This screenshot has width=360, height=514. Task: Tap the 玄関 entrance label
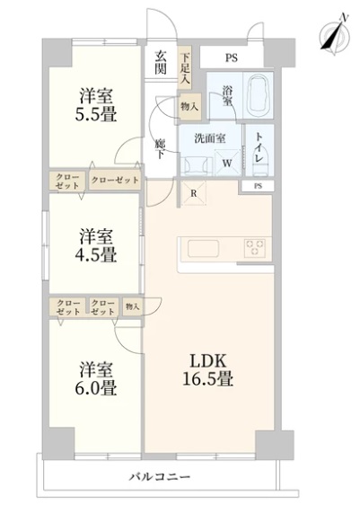coord(161,62)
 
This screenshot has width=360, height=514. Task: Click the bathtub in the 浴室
coord(260,95)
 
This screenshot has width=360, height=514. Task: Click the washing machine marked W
coord(227,163)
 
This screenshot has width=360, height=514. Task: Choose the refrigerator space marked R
coord(194,193)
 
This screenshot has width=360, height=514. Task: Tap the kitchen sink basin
coord(203,249)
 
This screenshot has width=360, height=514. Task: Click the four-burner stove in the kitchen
coord(255,248)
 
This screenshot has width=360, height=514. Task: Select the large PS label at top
coord(232,58)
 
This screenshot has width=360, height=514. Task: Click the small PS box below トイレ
coord(258,186)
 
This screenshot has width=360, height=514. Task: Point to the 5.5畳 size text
coord(96,115)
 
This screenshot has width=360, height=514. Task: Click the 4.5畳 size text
coord(96,254)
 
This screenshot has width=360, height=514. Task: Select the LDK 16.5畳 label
coord(208,370)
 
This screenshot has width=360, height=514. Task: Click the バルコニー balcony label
coord(159,476)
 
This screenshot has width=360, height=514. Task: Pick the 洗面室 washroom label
coord(210,138)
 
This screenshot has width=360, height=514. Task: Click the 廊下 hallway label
coord(160,149)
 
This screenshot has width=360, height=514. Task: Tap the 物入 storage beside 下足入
coord(190,106)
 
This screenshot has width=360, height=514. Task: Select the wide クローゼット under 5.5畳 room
coord(115,180)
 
